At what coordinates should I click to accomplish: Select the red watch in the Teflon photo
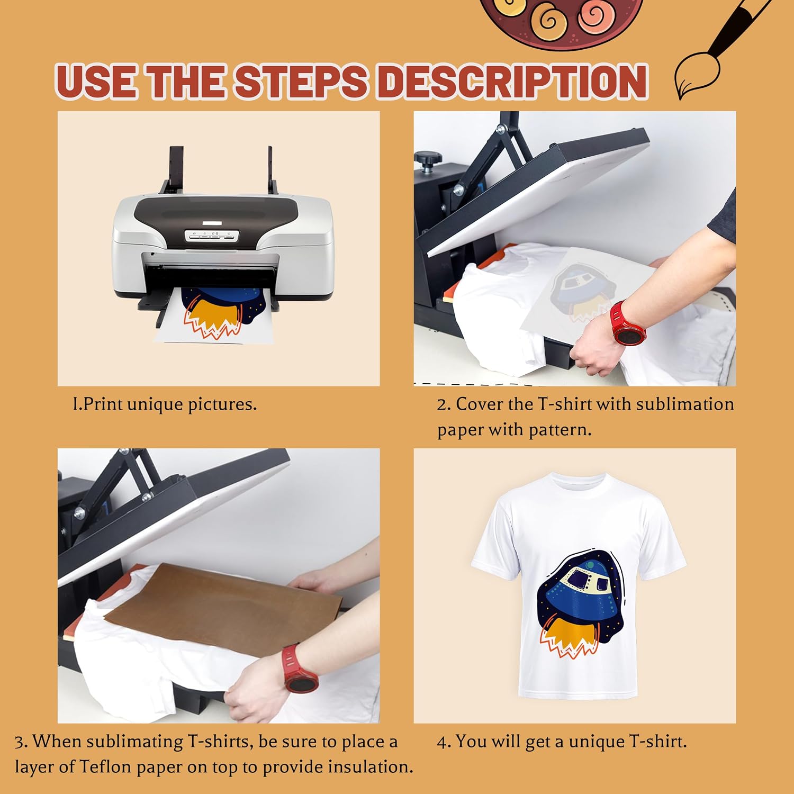tap(299, 668)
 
